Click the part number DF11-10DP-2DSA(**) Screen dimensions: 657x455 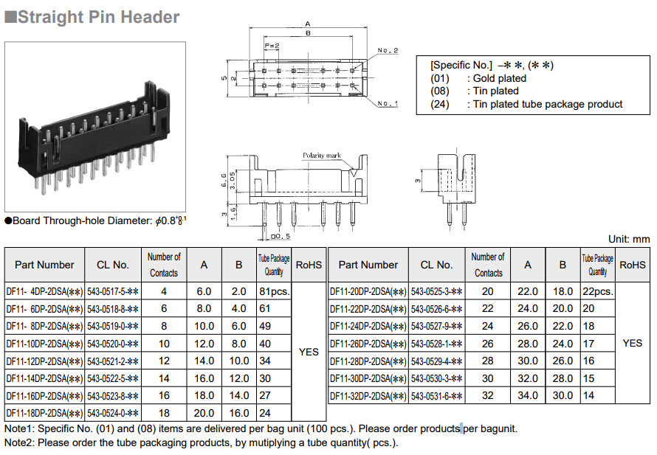click(x=44, y=344)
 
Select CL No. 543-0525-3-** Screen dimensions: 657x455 click(x=436, y=292)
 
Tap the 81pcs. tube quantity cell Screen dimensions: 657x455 click(x=275, y=292)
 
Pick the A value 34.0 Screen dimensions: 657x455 click(x=528, y=395)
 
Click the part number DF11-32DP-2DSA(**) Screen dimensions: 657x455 click(x=368, y=396)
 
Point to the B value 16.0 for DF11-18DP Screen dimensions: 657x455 click(x=239, y=413)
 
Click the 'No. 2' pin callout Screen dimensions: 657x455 click(x=388, y=51)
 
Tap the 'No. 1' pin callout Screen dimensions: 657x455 click(x=388, y=103)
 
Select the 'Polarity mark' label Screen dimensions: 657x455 click(x=322, y=156)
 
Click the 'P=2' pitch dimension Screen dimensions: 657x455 click(x=272, y=46)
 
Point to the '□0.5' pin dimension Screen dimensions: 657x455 click(x=281, y=237)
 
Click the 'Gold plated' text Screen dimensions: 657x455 click(x=500, y=78)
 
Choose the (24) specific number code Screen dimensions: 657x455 click(x=439, y=104)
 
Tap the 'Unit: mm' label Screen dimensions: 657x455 click(x=629, y=239)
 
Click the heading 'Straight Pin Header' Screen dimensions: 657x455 click(x=98, y=17)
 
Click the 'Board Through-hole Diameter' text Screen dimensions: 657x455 click(x=82, y=220)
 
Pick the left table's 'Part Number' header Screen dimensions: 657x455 click(x=44, y=265)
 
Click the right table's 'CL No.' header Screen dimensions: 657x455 click(x=436, y=265)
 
